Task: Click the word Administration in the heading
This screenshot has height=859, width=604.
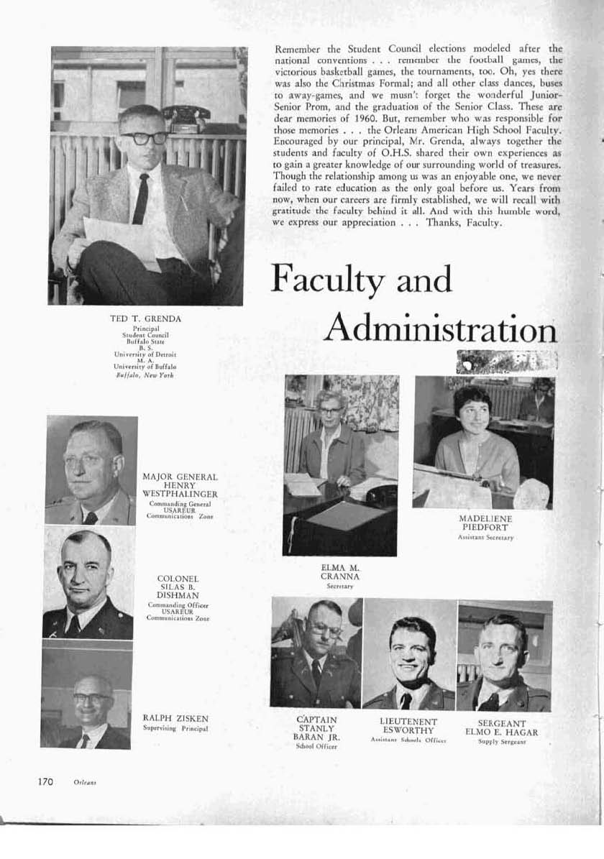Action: tap(440, 329)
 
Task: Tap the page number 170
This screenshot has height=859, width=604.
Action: tap(45, 782)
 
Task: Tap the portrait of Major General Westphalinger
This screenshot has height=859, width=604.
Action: tap(91, 470)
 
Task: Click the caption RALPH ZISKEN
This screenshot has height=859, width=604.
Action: tap(175, 718)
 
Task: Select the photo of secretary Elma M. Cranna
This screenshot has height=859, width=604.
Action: tap(340, 465)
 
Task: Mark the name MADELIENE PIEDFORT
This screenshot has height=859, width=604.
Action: tap(485, 523)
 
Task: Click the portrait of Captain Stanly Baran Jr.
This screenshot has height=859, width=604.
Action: tap(316, 653)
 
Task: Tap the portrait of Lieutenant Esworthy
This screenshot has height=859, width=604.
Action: tap(409, 654)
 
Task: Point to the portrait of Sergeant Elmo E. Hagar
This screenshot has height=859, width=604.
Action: tap(504, 656)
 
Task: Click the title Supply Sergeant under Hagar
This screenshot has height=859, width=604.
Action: tap(502, 742)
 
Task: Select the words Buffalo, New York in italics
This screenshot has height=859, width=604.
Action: tap(145, 375)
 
